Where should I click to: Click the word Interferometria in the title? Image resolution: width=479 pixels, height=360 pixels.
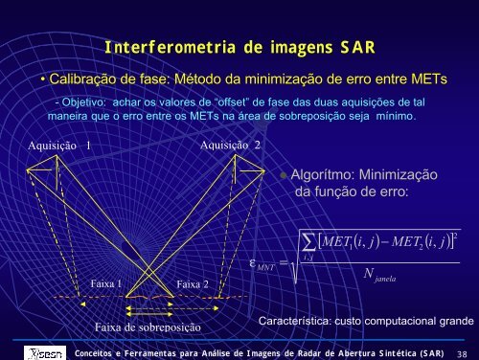(x=171, y=47)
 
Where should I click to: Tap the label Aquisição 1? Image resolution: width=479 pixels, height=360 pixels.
(x=59, y=146)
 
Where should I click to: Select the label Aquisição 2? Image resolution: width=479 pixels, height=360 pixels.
(x=230, y=146)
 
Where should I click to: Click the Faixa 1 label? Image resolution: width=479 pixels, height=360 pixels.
(x=105, y=283)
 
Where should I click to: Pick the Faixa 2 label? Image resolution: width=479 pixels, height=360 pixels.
(x=193, y=284)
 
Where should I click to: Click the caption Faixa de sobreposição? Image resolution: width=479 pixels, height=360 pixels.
(x=148, y=327)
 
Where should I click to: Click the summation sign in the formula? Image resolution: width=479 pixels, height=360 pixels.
(x=308, y=243)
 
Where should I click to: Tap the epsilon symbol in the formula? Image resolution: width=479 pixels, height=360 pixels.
(x=253, y=263)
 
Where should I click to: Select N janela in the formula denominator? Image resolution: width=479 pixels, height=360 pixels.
(x=379, y=275)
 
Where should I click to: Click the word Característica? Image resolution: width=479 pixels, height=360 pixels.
(x=294, y=321)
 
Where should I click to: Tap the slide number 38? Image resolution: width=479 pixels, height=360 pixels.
(x=462, y=353)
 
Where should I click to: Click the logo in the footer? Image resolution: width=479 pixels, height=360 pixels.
(x=45, y=353)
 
